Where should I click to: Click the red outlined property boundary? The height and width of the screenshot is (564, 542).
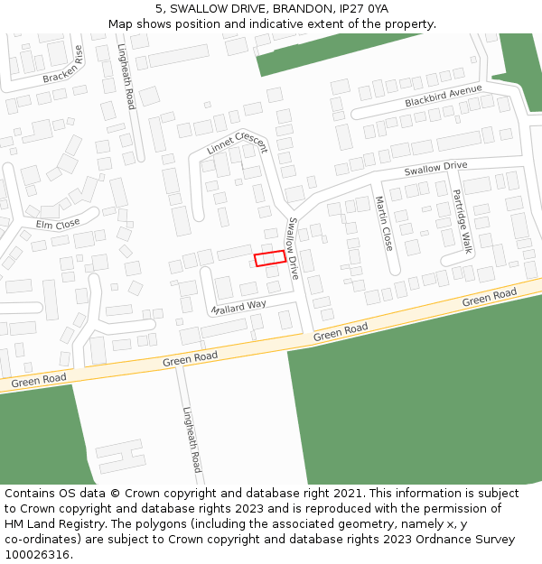pyautogui.click(x=270, y=258)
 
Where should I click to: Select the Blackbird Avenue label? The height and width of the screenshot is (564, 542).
pyautogui.click(x=443, y=97)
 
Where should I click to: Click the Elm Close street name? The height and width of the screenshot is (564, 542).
pyautogui.click(x=57, y=223)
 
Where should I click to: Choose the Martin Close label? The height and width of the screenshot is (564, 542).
pyautogui.click(x=384, y=224)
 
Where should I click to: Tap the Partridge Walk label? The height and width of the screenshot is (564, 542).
pyautogui.click(x=463, y=221)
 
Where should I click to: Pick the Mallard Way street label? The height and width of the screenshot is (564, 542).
pyautogui.click(x=238, y=307)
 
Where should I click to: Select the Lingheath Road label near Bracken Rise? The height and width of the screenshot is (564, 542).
pyautogui.click(x=126, y=78)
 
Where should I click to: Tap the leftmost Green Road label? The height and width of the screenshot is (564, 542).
pyautogui.click(x=39, y=382)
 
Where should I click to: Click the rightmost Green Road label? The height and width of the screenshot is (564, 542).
pyautogui.click(x=489, y=298)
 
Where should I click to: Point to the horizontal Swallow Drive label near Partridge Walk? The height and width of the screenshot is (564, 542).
pyautogui.click(x=435, y=167)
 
